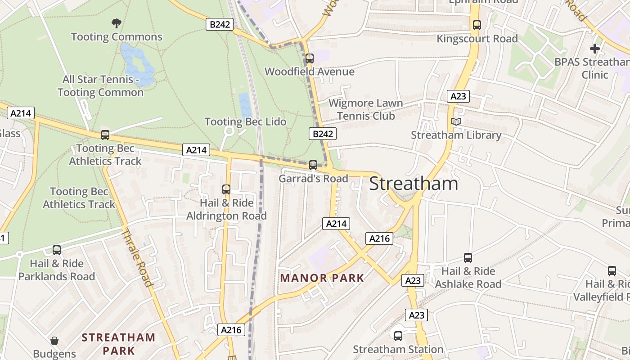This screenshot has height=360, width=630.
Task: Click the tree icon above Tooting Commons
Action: [x=117, y=23]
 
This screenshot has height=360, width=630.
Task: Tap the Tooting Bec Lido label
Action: [x=245, y=121]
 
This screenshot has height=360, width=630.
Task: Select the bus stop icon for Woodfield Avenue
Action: [x=309, y=58]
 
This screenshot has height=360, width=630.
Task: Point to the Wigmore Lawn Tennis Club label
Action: [x=366, y=109]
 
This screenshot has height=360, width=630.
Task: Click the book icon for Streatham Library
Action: [x=456, y=121]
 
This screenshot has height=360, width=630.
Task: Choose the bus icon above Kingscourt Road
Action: [x=477, y=25]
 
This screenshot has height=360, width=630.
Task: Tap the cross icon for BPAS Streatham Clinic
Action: [x=595, y=48]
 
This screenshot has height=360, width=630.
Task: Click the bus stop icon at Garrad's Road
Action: [x=313, y=165]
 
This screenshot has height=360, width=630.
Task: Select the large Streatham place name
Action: [x=414, y=184]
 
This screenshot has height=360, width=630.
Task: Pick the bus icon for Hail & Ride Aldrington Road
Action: [x=226, y=189]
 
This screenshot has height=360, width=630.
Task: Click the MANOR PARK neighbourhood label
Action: [x=322, y=278]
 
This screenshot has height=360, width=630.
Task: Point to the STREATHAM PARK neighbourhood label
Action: [x=118, y=344]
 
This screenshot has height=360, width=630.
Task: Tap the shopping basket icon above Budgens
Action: [x=54, y=341]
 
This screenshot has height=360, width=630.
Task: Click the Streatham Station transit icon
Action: [x=398, y=336]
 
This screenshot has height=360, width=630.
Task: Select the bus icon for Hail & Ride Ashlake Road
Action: [x=468, y=258]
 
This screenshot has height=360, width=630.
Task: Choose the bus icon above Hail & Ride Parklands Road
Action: [x=57, y=250]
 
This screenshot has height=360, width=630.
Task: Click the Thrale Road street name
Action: [x=137, y=257]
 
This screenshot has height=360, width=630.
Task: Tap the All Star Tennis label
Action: [x=100, y=86]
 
